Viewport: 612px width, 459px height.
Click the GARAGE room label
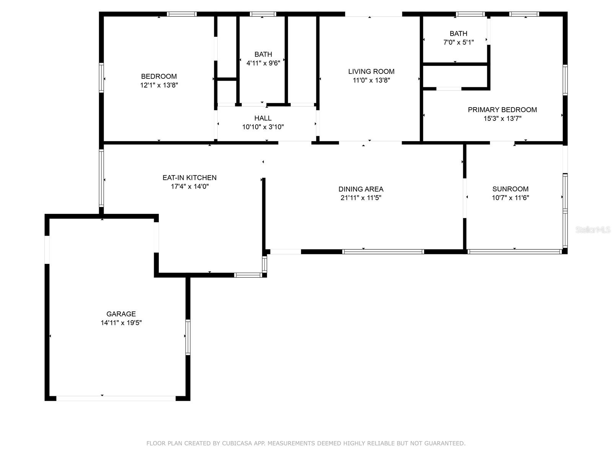point(121,314)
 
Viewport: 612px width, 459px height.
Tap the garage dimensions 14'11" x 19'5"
point(121,323)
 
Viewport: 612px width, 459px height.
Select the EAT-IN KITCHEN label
point(190,178)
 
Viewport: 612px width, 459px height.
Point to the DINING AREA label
point(361,189)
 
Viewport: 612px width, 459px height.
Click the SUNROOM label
point(510,189)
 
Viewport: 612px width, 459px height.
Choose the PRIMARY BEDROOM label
point(502,110)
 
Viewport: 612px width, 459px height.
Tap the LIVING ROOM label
point(371,72)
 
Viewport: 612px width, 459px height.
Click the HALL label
point(263,118)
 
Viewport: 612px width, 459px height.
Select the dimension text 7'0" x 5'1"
point(458,42)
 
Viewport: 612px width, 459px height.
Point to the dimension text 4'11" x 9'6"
point(263,63)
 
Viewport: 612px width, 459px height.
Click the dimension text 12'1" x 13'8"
point(159,85)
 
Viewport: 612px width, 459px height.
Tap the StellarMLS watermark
point(593,229)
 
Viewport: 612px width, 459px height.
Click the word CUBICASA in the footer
point(237,443)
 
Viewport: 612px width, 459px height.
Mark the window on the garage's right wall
point(188,337)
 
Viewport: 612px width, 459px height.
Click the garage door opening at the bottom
point(116,399)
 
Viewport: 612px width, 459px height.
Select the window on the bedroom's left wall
point(101,78)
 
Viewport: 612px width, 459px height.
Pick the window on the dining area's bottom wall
point(383,252)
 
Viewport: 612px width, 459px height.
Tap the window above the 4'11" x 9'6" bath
point(263,14)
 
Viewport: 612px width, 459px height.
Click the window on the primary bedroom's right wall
point(565,80)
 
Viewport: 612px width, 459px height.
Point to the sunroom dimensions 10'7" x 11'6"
point(510,198)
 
